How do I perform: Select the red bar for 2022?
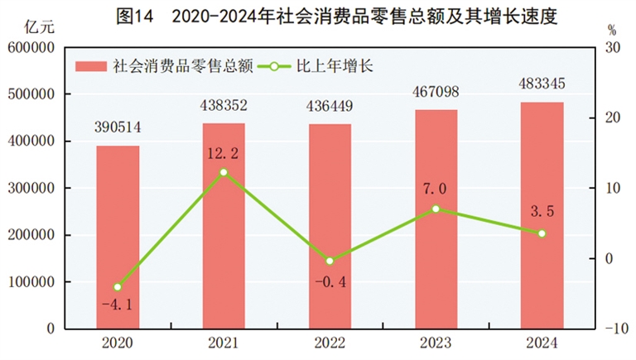(330, 227)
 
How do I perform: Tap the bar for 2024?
(542, 215)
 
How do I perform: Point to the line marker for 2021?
(224, 172)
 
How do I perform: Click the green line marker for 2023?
(436, 209)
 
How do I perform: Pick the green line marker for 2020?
(118, 287)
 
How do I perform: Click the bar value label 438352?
(224, 105)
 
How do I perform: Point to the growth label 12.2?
(224, 153)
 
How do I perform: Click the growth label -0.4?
(330, 281)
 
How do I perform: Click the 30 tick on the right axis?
(613, 49)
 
